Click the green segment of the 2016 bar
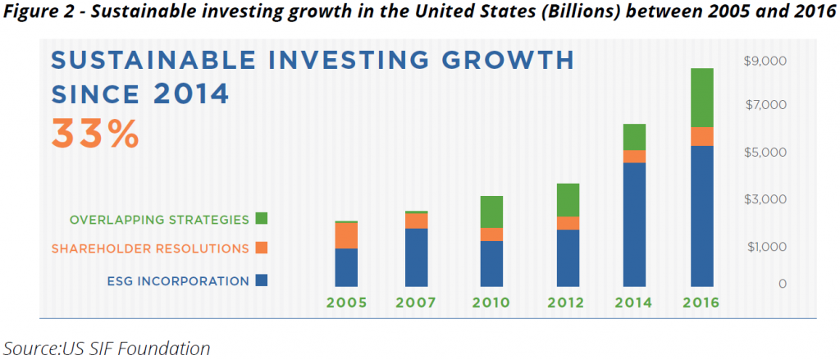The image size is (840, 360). pos(701,98)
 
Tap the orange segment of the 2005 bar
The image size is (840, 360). pos(346,235)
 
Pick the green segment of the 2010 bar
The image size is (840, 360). pos(491,212)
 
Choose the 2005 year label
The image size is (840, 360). pos(346,303)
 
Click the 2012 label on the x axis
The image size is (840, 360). pos(567,303)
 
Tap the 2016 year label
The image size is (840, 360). pos(701,303)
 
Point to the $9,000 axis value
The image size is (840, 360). pos(764,61)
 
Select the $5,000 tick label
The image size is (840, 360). pos(764,152)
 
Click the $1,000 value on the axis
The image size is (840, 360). pos(764,246)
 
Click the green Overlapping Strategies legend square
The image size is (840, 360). pos(262,219)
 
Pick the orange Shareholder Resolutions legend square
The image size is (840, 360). pos(262,248)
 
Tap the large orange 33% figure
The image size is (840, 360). pos(95,133)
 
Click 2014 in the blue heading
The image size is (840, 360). pos(191,93)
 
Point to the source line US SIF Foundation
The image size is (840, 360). pos(107,347)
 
